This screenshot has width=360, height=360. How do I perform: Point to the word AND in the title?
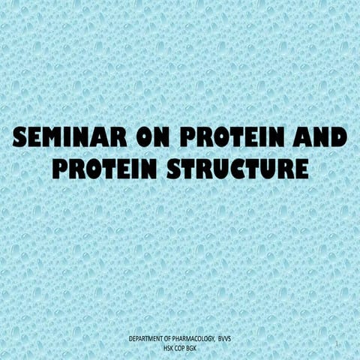316,139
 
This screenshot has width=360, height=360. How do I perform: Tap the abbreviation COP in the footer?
180,348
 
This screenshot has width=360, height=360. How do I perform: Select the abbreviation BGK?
193,348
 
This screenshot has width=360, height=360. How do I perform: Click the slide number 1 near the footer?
339,345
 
